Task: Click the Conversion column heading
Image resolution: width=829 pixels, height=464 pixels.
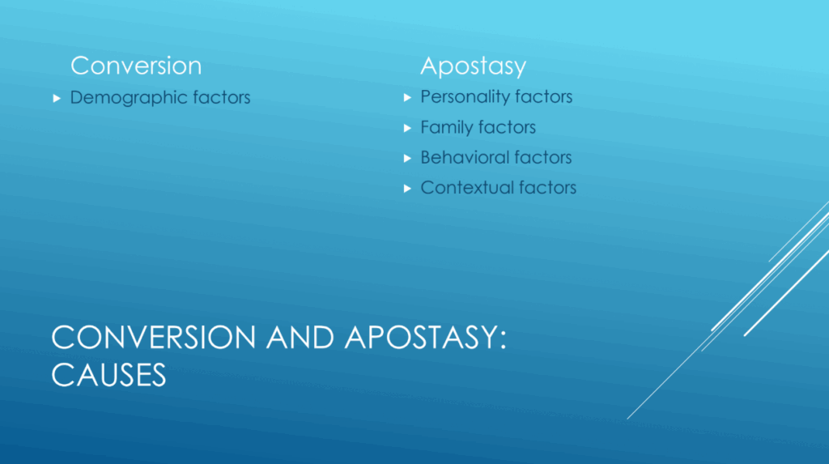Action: point(136,66)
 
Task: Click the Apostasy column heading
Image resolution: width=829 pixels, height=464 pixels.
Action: point(473,67)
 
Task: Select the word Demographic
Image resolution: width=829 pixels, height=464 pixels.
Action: point(129,98)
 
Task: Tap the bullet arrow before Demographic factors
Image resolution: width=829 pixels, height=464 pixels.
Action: point(57,99)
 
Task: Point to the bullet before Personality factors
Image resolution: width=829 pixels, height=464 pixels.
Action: point(407,97)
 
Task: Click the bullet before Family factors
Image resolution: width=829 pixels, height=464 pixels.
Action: point(407,128)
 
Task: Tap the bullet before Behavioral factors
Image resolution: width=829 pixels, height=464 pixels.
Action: point(407,158)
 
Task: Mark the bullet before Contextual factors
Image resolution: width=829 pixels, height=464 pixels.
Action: point(407,189)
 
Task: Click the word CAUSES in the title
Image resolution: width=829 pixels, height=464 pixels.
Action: point(108,375)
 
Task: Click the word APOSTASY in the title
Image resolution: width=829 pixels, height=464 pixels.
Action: point(420,337)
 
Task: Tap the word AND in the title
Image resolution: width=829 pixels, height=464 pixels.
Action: point(300,337)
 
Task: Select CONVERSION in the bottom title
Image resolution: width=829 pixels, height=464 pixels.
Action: point(154,337)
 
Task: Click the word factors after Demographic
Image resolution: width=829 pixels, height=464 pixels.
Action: point(222,98)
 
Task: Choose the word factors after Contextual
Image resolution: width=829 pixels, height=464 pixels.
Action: point(547,188)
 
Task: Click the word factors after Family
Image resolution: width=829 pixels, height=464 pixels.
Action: point(507,127)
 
